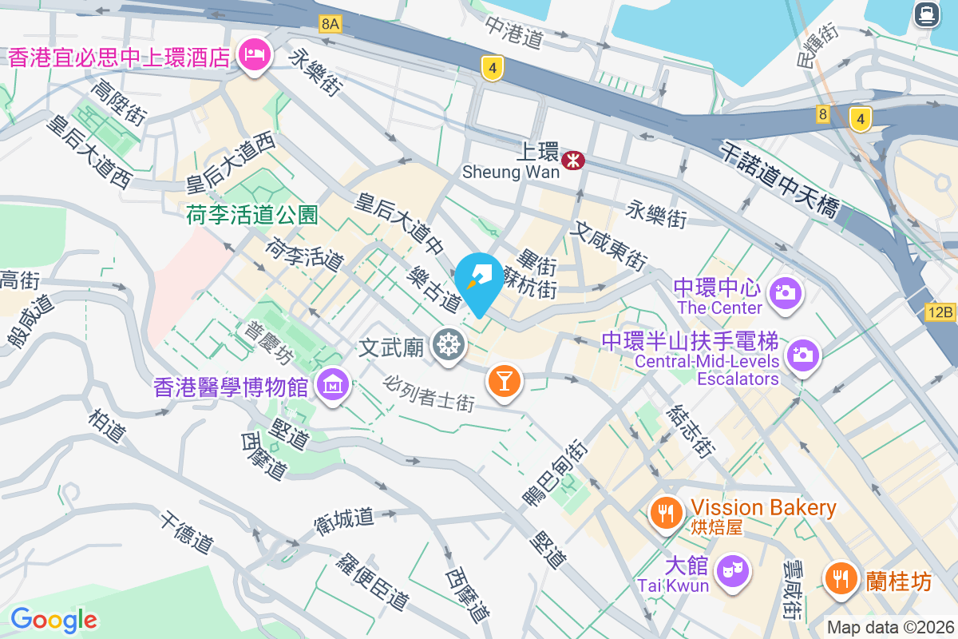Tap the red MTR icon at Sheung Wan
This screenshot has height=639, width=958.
point(572,161)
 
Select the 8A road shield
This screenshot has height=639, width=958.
point(330,24)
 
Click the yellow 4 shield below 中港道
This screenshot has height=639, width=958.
point(493,69)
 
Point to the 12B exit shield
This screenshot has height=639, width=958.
point(941,312)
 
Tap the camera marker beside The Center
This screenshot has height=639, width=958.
point(786,293)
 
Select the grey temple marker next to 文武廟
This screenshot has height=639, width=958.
point(448,346)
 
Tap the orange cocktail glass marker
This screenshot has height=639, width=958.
point(504,381)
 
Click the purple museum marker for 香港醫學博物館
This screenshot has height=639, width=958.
point(333,386)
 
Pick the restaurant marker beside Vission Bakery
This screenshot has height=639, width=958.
point(665,510)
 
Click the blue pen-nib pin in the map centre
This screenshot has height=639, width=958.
point(479,281)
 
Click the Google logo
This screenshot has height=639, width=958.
point(53,619)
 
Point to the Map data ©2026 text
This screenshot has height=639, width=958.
point(889,627)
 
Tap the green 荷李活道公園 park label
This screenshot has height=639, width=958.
point(252,214)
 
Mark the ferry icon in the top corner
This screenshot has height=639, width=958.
point(926,14)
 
